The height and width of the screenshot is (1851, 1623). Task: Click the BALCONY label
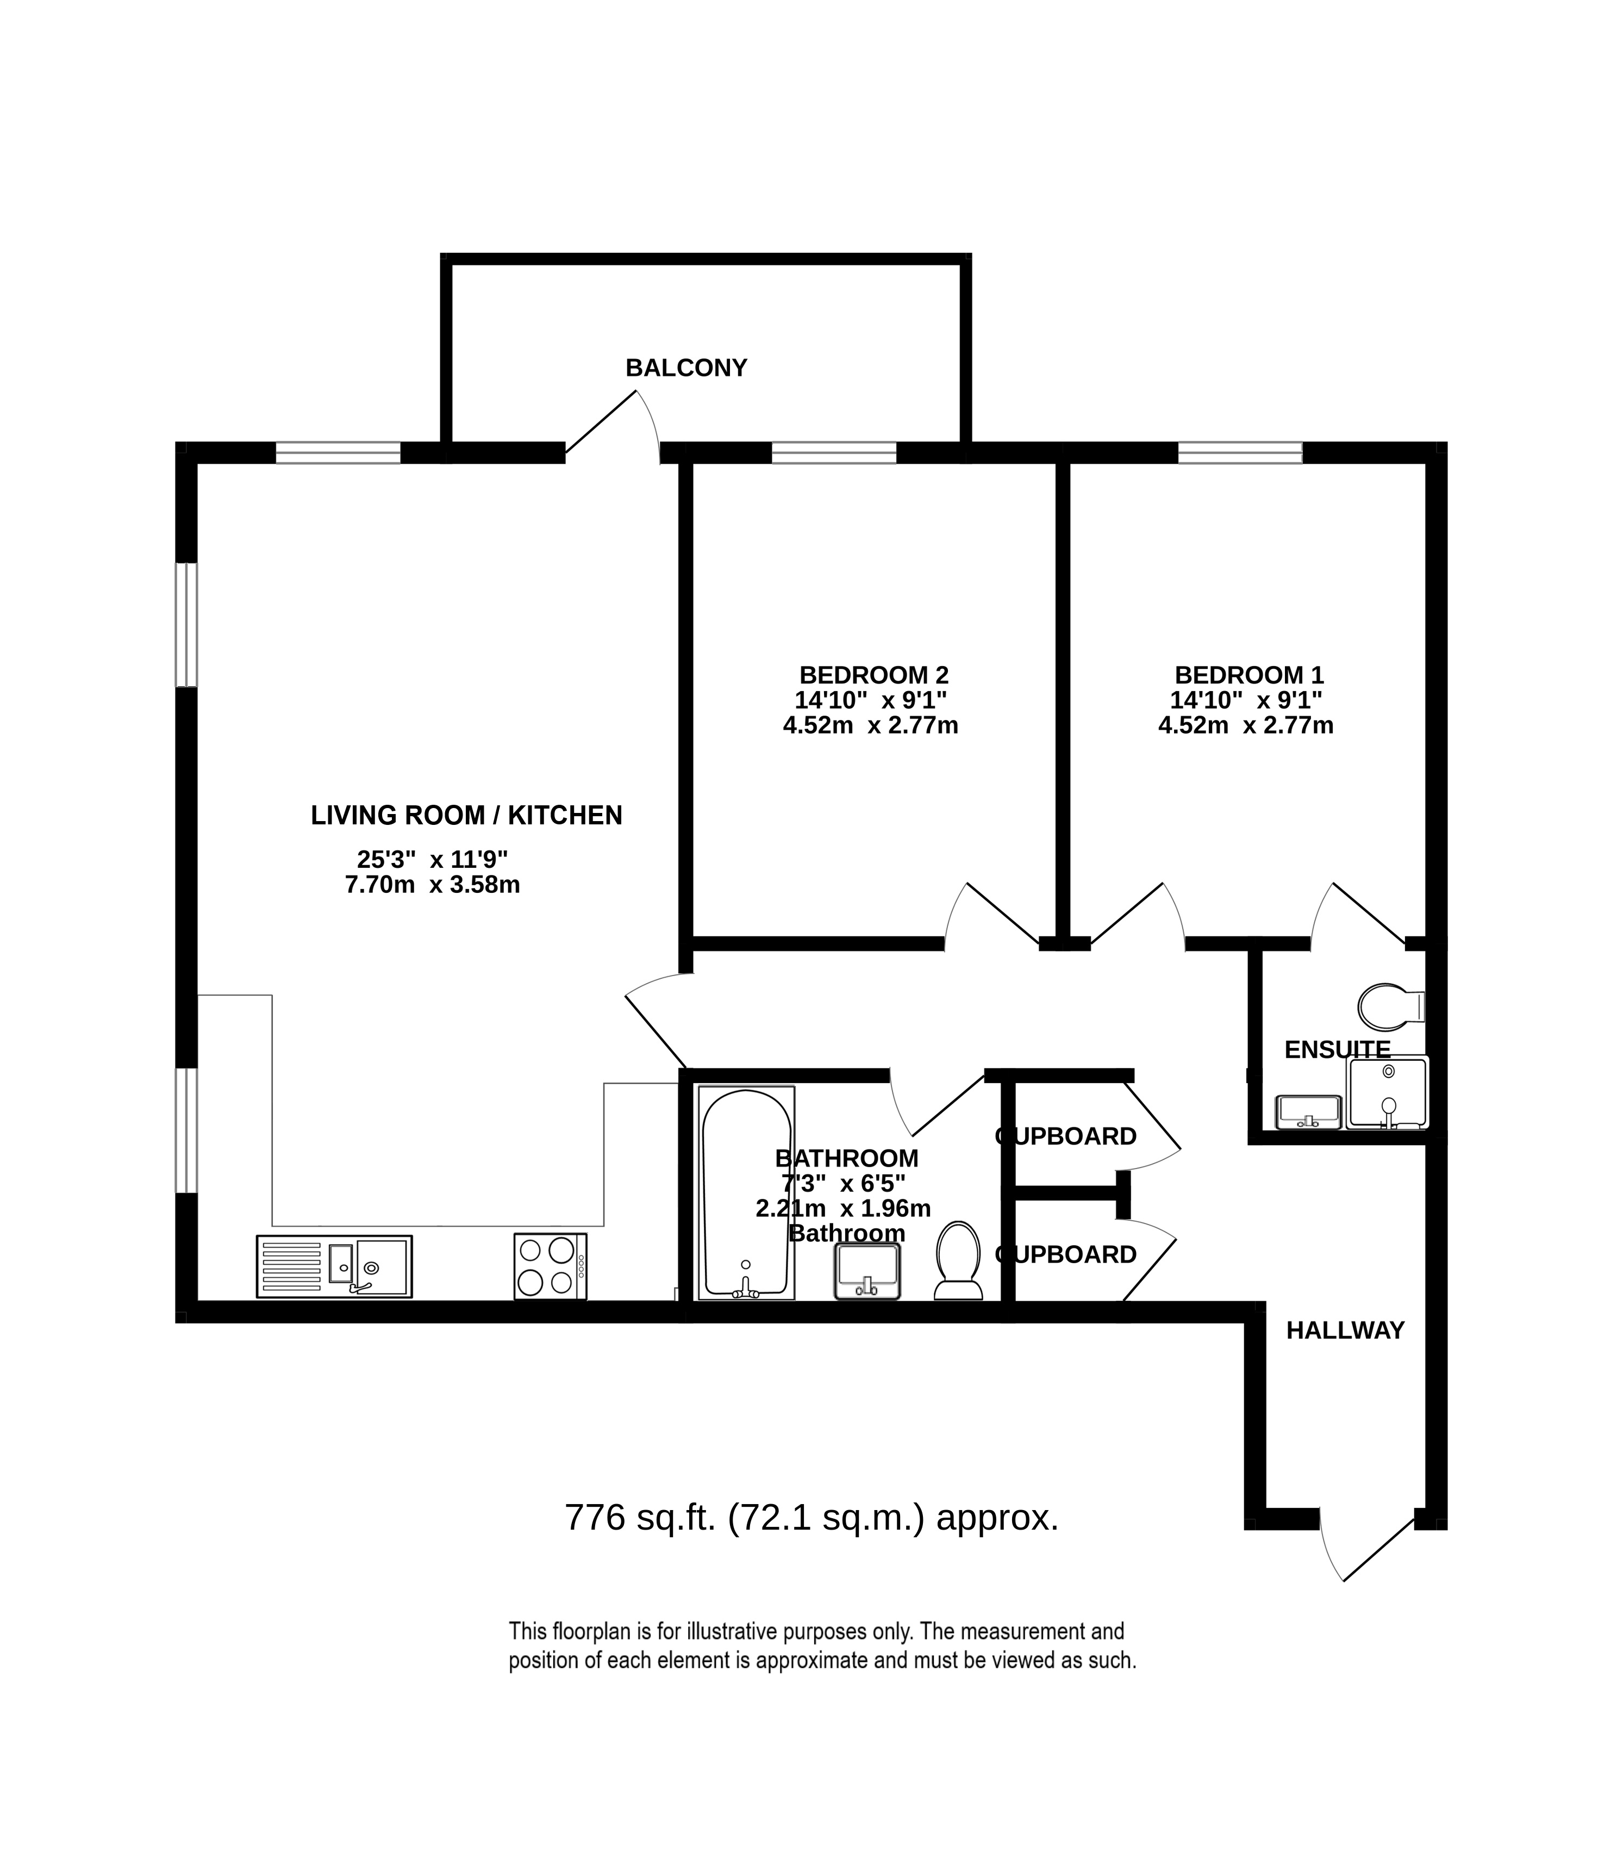(x=686, y=368)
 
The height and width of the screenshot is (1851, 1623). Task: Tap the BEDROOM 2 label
(x=873, y=675)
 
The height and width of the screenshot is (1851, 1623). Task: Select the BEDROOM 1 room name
(x=1249, y=675)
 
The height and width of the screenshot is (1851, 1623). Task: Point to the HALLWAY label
(x=1345, y=1356)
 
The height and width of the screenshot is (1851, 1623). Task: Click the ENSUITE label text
(x=1337, y=1049)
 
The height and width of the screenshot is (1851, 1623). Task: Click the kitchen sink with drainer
(x=334, y=1266)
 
